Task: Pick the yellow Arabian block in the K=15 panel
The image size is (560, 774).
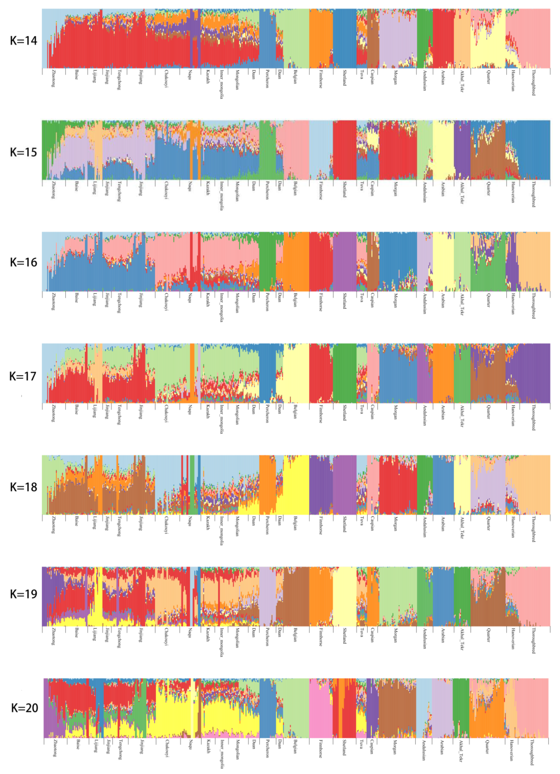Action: pos(443,150)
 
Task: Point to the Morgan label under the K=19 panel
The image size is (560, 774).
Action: pos(396,635)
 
